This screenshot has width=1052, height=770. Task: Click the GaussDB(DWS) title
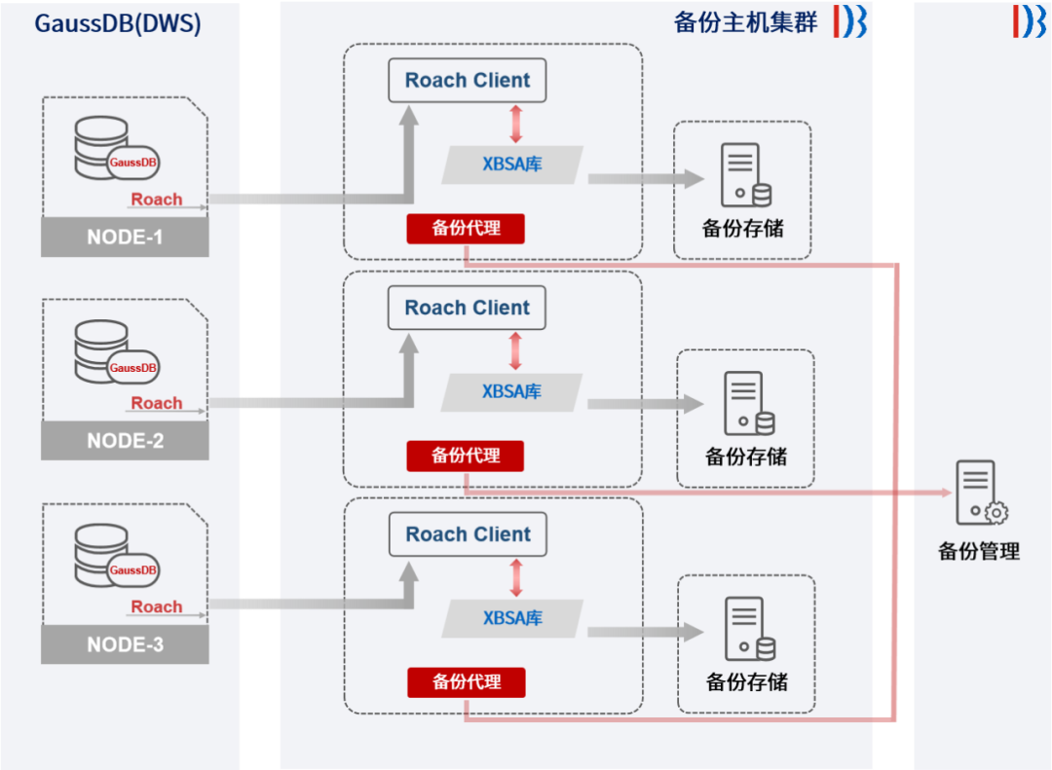[x=118, y=23]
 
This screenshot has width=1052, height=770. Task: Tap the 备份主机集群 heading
[x=745, y=22]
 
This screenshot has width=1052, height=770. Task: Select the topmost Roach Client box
[x=468, y=80]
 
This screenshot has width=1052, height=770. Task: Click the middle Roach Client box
[x=468, y=308]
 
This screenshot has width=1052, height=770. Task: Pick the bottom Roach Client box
[x=468, y=534]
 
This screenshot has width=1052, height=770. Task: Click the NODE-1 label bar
[x=125, y=237]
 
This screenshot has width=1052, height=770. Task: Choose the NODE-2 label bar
[x=125, y=440]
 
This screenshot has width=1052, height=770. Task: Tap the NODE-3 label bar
[x=125, y=644]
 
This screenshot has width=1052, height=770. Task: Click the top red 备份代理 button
[x=466, y=229]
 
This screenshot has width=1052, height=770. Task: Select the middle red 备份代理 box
[x=466, y=456]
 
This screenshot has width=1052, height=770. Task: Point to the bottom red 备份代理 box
[x=466, y=682]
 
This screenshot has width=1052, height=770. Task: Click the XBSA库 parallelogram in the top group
[x=512, y=165]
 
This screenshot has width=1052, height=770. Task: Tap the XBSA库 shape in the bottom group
[x=512, y=618]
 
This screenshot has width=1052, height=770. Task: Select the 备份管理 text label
[x=979, y=551]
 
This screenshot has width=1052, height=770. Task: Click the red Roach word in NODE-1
[x=157, y=199]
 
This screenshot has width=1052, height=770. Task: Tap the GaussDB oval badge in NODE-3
[x=133, y=570]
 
